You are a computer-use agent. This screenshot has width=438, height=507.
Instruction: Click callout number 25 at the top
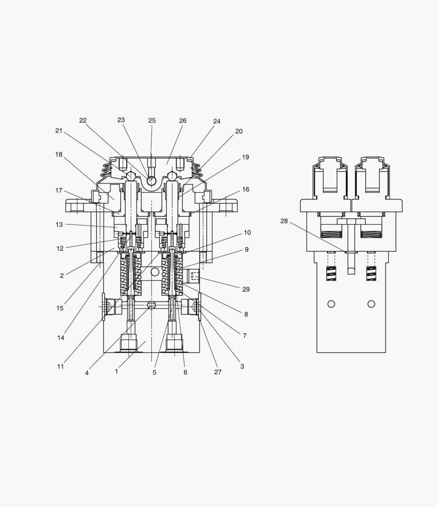pyautogui.click(x=152, y=121)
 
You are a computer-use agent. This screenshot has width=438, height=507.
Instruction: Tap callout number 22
pyautogui.click(x=83, y=120)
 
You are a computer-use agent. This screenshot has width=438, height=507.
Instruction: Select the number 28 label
pyautogui.click(x=284, y=221)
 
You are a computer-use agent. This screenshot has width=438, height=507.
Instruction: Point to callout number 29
pyautogui.click(x=246, y=289)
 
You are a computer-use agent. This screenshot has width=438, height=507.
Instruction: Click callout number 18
pyautogui.click(x=59, y=154)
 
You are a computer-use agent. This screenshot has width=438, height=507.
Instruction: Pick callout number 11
pyautogui.click(x=61, y=367)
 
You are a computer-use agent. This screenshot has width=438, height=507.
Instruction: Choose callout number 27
pyautogui.click(x=218, y=372)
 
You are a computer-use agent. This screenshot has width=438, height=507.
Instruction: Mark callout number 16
pyautogui.click(x=246, y=190)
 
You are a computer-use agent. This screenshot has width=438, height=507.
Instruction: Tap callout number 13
pyautogui.click(x=59, y=225)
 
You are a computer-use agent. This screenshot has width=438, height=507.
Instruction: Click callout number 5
pyautogui.click(x=154, y=372)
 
